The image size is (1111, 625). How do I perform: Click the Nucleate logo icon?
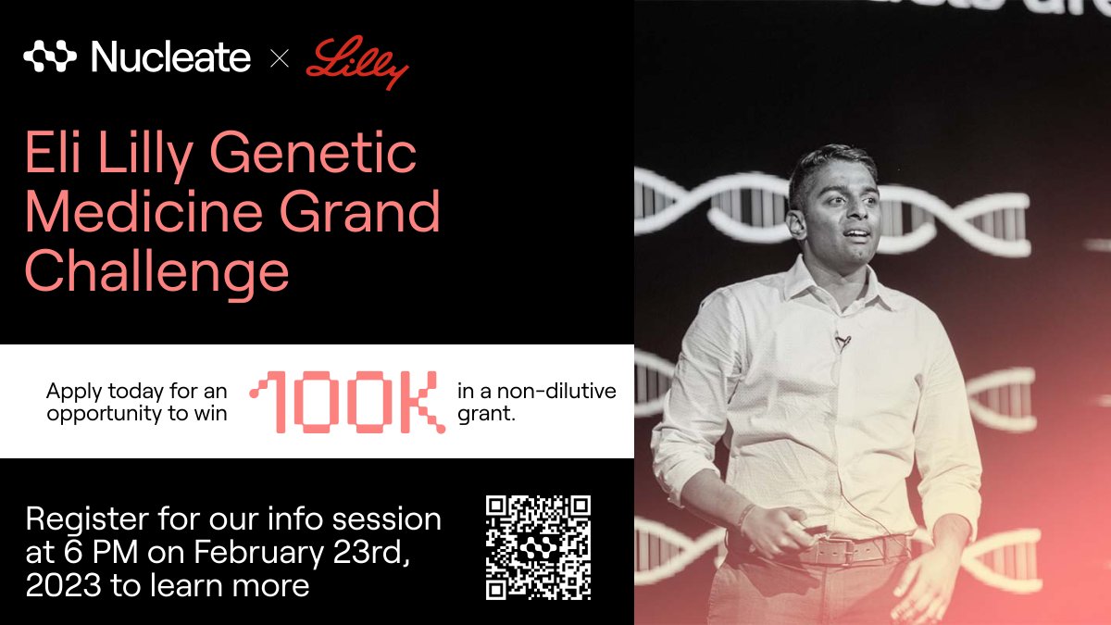51,57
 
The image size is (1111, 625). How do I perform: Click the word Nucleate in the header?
171,58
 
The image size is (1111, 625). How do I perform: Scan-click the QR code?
538,547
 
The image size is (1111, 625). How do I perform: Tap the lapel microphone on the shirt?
842,342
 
